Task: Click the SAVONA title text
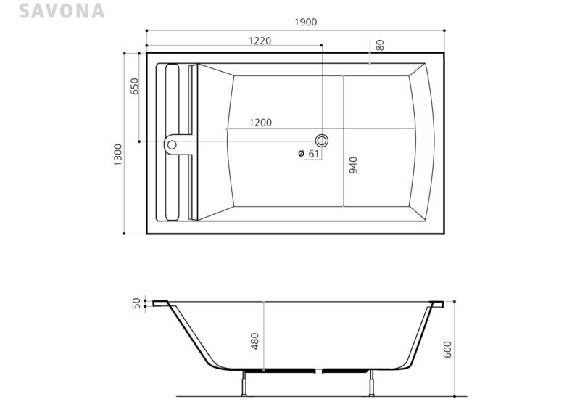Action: (x=62, y=11)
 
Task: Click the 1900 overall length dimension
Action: (x=305, y=22)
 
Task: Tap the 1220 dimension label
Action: (x=260, y=41)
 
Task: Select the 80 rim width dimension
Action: (x=380, y=45)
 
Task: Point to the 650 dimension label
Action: (x=135, y=86)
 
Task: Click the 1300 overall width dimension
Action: (x=117, y=155)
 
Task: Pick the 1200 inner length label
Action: (x=260, y=123)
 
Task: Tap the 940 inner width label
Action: (x=353, y=165)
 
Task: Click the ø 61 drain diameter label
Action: (x=309, y=153)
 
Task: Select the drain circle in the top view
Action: (x=322, y=141)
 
